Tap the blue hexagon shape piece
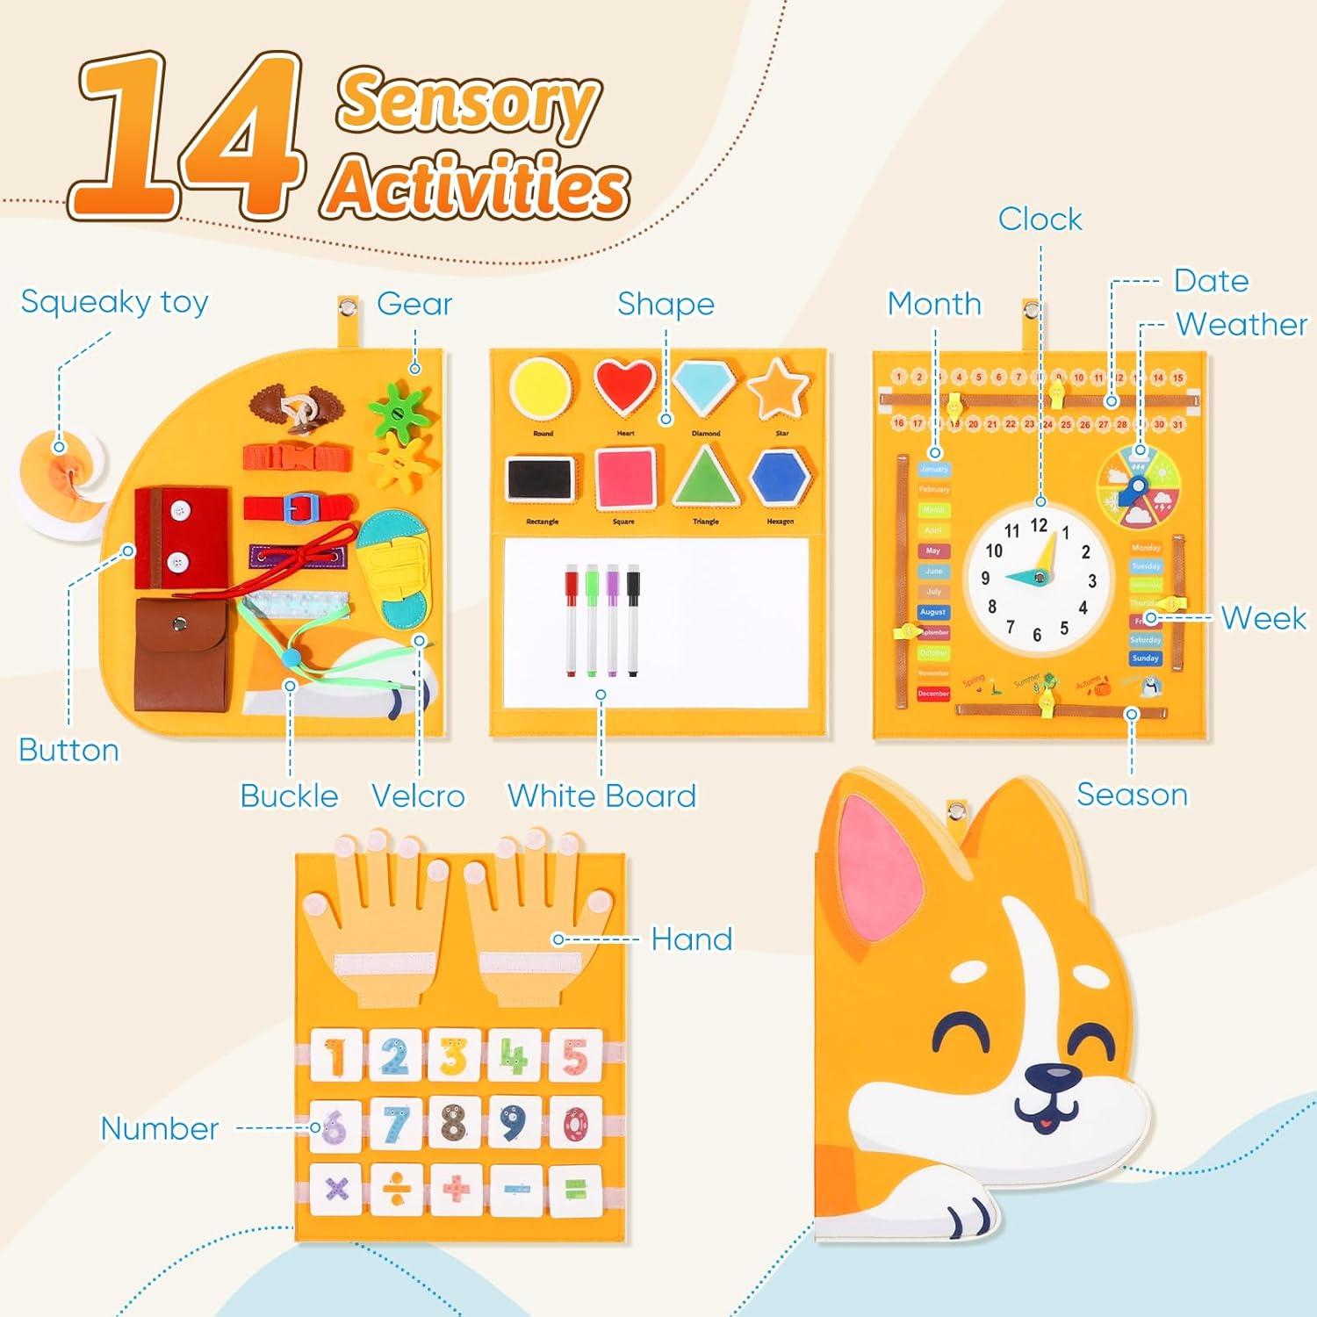(x=780, y=478)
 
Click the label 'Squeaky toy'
(x=114, y=302)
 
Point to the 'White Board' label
(x=601, y=795)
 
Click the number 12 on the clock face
(x=1040, y=526)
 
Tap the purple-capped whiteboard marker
(x=613, y=619)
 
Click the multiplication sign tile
(x=336, y=1191)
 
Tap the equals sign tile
(x=575, y=1191)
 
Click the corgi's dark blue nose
(x=1052, y=1076)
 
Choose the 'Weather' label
(x=1241, y=325)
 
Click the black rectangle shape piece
(x=540, y=479)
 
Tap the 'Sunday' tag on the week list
(x=1146, y=658)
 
